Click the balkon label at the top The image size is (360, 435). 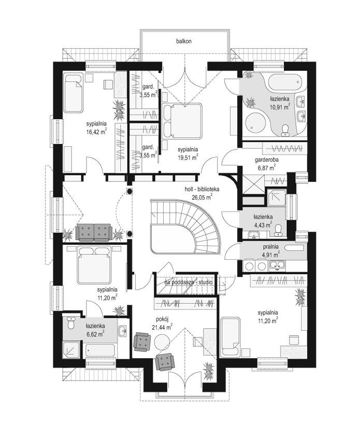pos(184,41)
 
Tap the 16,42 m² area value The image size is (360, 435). pos(96,132)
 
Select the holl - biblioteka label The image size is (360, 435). pos(202,189)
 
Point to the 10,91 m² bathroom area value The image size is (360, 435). pos(280,106)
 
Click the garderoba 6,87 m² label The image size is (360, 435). pos(267,163)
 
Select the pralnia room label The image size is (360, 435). pos(271,246)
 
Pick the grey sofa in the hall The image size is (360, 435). pos(94,231)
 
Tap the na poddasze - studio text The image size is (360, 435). pos(189,283)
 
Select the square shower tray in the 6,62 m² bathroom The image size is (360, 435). pos(71,350)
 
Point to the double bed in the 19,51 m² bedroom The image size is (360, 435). pos(182,121)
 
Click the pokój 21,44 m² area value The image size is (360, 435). pos(162,328)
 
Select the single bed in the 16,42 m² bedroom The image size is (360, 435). pos(74,93)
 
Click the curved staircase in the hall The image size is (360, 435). pos(185,226)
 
